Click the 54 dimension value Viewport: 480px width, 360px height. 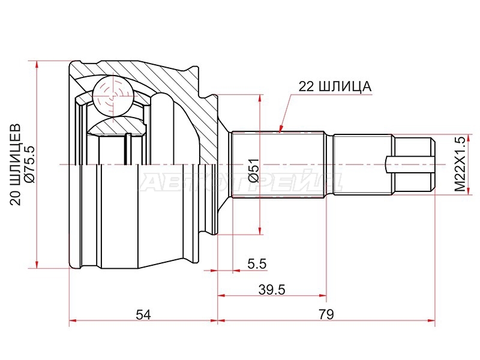[x=143, y=314]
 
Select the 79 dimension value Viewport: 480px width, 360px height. [x=326, y=314]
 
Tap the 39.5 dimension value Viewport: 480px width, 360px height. [x=272, y=289]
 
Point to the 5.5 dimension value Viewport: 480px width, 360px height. [x=257, y=263]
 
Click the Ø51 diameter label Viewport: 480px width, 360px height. [x=254, y=170]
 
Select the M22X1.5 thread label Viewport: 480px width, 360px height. [x=459, y=164]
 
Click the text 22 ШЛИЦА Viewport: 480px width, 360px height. [x=335, y=86]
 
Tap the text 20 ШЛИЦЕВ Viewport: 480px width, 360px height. [x=16, y=164]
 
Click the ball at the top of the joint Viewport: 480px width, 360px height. [x=113, y=95]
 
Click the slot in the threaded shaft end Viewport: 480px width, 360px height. [x=410, y=164]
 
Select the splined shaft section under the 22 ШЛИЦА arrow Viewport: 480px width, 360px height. [x=278, y=164]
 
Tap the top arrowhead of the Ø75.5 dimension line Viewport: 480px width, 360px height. [x=37, y=65]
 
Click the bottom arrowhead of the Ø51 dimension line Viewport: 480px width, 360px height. [x=260, y=230]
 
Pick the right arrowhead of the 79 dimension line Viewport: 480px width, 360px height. [x=431, y=320]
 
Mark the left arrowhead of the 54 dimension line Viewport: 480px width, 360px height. [x=74, y=320]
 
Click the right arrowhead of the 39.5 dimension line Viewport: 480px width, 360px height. [x=322, y=295]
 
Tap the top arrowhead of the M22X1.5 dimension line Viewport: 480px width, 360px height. [x=469, y=139]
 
